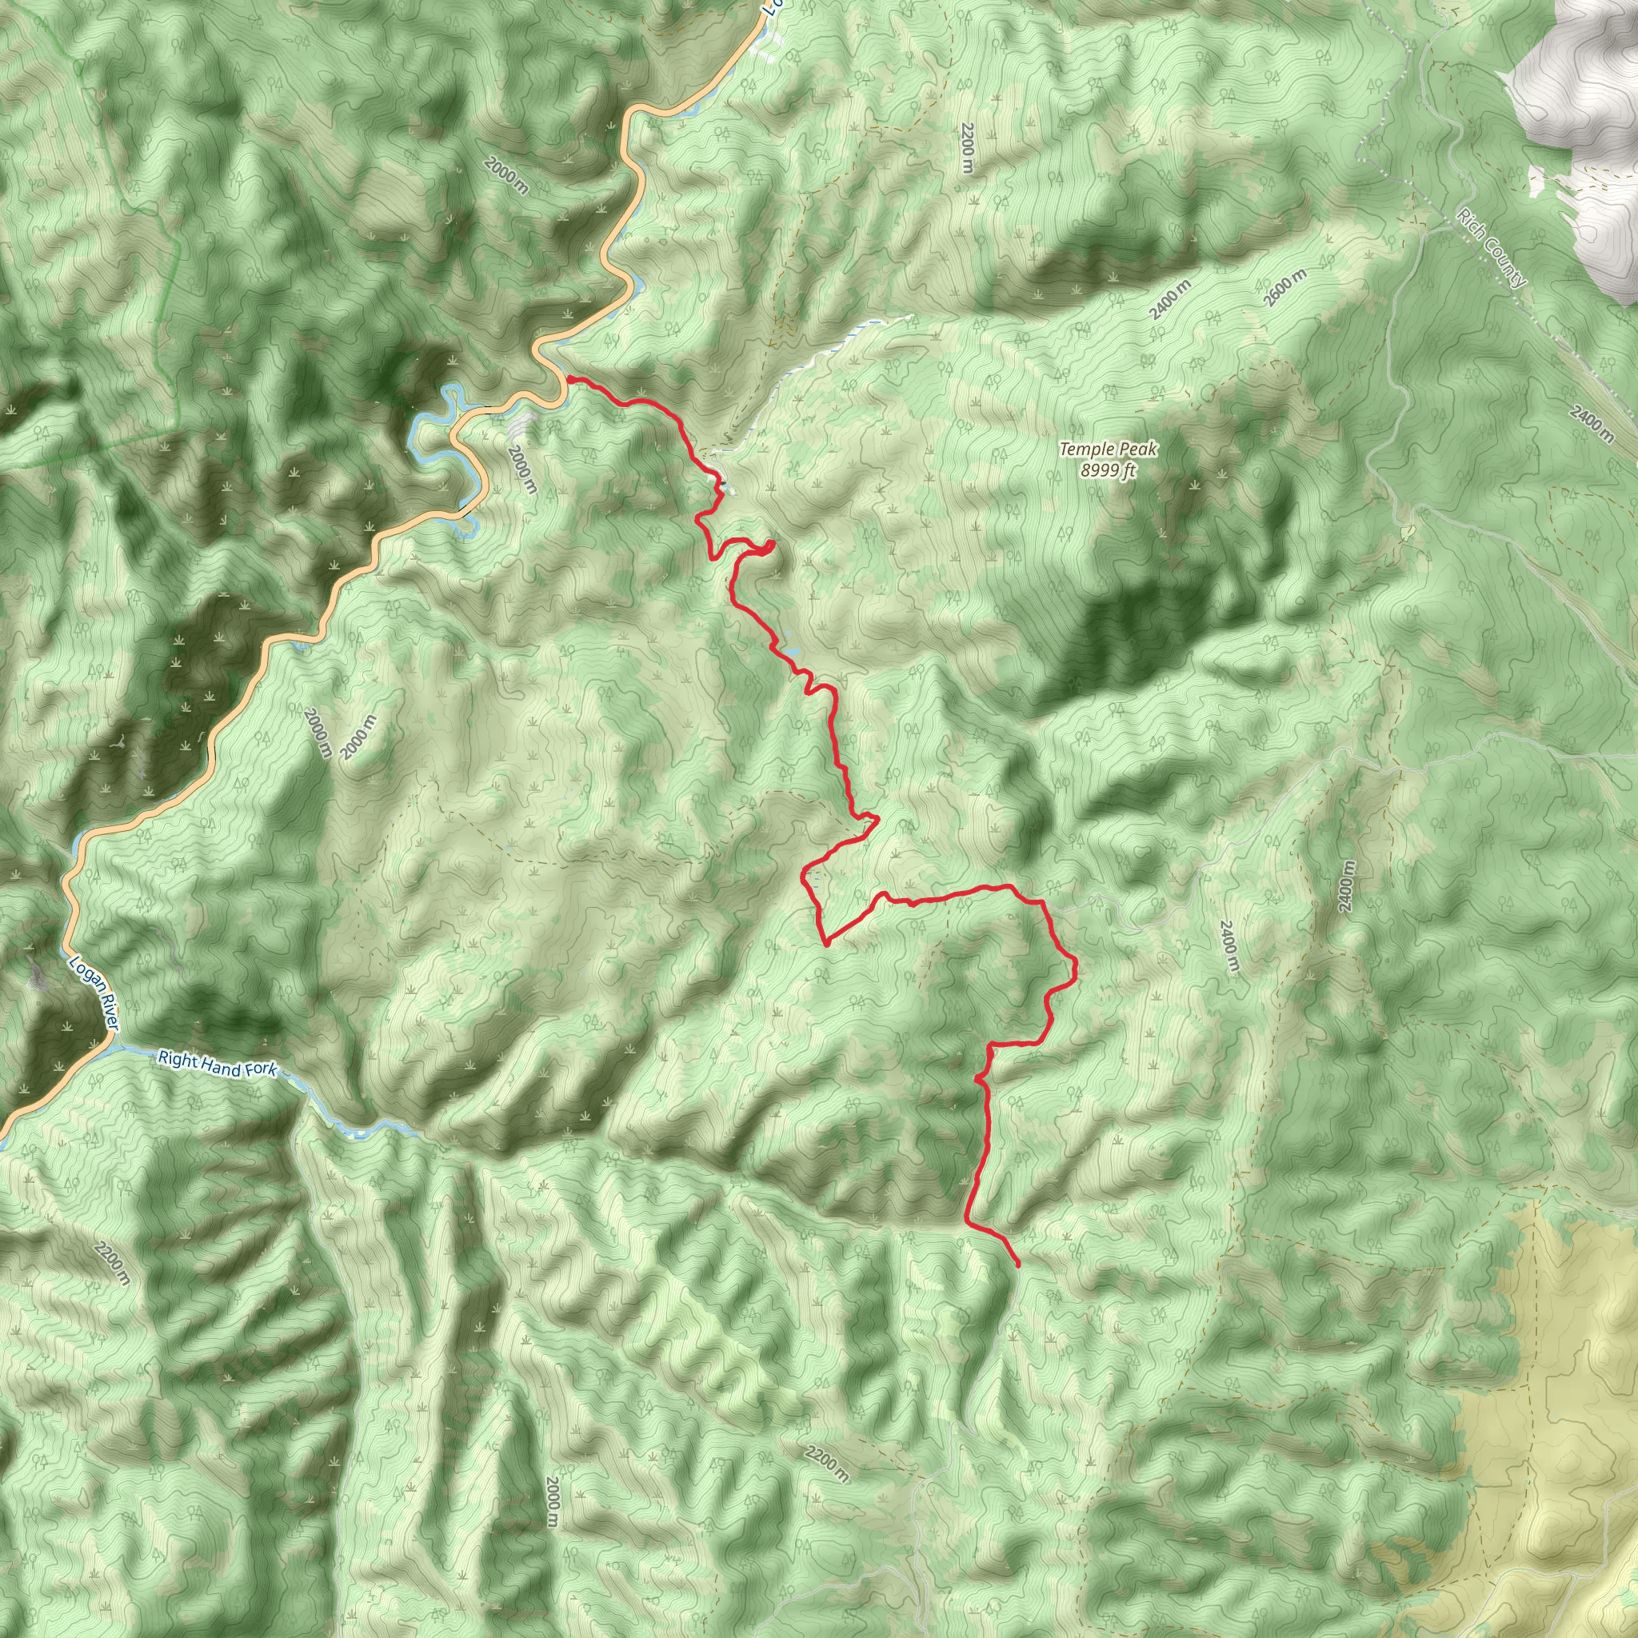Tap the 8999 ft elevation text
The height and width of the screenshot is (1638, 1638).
pos(1107,471)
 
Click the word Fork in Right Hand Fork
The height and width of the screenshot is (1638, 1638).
pos(260,1070)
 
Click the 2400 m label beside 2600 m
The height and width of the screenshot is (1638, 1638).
pos(1170,299)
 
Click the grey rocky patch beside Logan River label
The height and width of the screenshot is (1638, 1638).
pos(38,975)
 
